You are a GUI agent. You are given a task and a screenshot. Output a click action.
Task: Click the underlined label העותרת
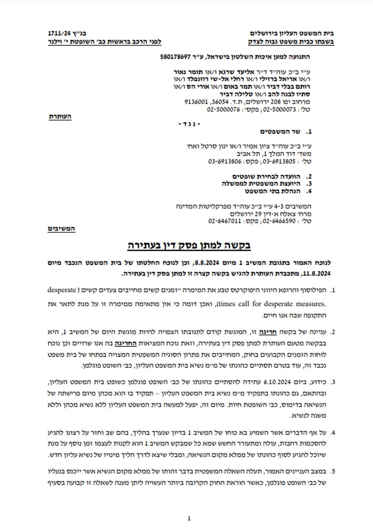tap(60, 117)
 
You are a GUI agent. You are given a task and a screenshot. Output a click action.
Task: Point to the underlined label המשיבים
tap(62, 229)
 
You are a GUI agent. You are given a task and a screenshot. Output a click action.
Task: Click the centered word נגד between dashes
tap(189, 124)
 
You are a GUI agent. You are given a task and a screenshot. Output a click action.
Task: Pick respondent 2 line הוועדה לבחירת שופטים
tap(266, 176)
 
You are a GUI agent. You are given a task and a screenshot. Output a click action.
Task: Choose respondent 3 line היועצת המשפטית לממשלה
tap(261, 184)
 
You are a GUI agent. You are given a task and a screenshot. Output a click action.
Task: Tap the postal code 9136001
tap(196, 102)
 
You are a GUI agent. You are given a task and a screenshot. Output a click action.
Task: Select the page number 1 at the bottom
tap(189, 518)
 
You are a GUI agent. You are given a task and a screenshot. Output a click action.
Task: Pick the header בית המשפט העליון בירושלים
tap(292, 34)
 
